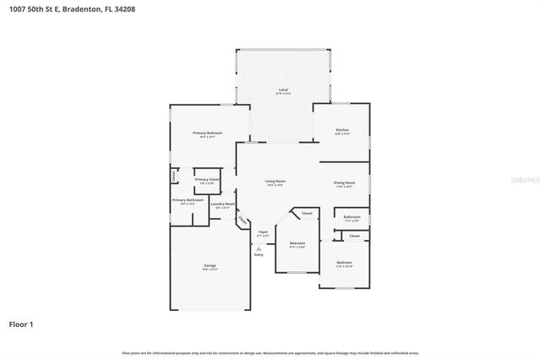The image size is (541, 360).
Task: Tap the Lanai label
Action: [283, 90]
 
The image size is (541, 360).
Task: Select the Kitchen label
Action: [342, 131]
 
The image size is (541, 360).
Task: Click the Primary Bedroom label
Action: [208, 134]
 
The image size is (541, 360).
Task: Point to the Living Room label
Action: [276, 181]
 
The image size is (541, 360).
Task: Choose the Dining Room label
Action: [344, 183]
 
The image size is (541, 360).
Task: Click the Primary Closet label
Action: [207, 179]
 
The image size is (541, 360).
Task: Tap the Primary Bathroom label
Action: [184, 200]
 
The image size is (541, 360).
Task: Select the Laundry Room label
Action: [222, 204]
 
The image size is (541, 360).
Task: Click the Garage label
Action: [210, 266]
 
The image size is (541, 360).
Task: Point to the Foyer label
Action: [263, 232]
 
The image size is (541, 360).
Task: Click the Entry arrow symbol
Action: [259, 248]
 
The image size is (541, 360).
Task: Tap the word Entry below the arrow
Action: [259, 254]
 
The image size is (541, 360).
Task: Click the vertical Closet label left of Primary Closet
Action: [174, 176]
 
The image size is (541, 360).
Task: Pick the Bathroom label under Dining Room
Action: [352, 217]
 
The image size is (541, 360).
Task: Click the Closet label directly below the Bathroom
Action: [354, 236]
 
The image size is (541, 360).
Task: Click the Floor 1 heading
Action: [20, 324]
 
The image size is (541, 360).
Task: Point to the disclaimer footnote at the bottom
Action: [270, 352]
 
